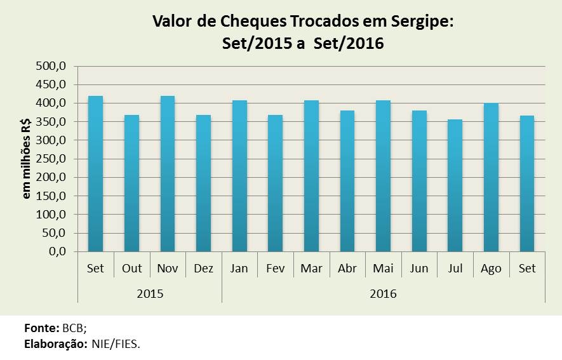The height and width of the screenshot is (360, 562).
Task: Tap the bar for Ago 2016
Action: pos(492,177)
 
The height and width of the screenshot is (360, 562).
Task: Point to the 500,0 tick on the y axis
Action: pos(53,66)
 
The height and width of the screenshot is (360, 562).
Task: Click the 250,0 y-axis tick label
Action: pos(53,159)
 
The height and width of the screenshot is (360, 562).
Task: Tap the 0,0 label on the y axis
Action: pos(58,251)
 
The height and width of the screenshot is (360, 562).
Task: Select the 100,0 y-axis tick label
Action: pos(53,215)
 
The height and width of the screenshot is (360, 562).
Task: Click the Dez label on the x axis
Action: pos(203,269)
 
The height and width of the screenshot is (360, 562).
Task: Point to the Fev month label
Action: pos(276,269)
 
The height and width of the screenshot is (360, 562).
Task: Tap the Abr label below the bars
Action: pos(347,269)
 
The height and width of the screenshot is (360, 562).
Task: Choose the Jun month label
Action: pos(419,269)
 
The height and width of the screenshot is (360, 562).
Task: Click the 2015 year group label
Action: pos(150,294)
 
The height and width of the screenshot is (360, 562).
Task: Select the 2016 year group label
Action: pos(383,294)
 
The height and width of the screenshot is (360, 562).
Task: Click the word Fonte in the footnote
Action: pos(41,328)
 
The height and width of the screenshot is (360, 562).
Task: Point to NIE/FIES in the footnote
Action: pos(119,343)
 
